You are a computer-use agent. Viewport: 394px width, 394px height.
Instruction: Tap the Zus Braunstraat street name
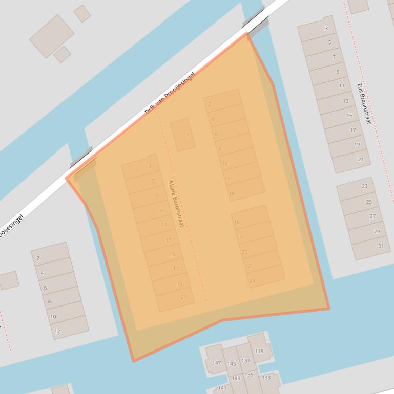pos(364,104)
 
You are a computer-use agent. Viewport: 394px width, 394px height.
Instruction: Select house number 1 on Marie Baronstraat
pos(188,135)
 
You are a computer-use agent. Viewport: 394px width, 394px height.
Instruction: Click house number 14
pos(232,193)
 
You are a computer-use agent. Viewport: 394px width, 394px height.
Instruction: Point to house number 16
pos(237,222)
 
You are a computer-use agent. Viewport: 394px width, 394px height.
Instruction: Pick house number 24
pos(252,281)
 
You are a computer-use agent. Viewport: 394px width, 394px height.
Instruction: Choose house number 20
pos(244,252)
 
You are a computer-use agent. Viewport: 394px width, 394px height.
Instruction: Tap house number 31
pos(381,246)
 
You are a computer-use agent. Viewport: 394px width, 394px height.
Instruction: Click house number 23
pos(365,186)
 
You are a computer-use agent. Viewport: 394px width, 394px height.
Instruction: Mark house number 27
pos(373,216)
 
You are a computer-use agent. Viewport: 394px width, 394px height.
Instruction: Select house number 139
pos(259,351)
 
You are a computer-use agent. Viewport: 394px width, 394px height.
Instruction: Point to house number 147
pos(216,363)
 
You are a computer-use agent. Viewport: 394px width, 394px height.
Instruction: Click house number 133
pos(266,378)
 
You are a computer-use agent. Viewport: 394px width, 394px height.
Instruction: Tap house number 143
pos(236,379)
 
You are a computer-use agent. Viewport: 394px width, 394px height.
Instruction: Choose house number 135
pos(249,375)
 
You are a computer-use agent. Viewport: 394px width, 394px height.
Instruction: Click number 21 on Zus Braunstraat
pos(361,159)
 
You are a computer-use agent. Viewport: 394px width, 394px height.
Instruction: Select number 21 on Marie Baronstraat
pos(183,297)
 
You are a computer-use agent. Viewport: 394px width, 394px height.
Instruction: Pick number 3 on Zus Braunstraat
pos(326,29)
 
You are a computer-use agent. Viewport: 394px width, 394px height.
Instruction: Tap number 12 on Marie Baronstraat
pos(227,179)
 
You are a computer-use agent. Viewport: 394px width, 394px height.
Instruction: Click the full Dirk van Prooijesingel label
pos(170,93)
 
